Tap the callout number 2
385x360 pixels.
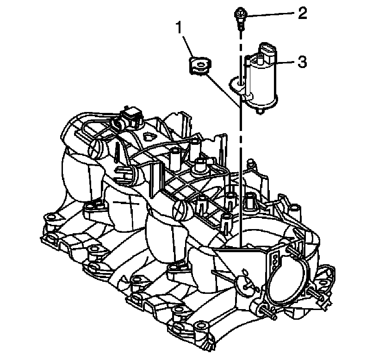(302, 13)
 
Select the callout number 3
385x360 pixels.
(302, 62)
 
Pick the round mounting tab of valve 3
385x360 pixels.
(237, 83)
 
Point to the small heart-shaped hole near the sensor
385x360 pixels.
(149, 136)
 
